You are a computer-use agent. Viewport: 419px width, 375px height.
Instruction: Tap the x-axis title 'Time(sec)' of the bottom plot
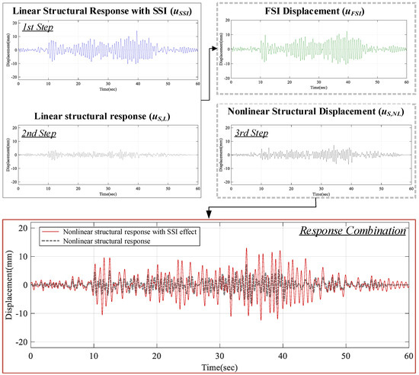click(x=219, y=367)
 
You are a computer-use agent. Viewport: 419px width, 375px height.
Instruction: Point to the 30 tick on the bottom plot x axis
click(x=219, y=355)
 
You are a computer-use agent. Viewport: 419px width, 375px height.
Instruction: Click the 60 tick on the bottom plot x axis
click(x=408, y=355)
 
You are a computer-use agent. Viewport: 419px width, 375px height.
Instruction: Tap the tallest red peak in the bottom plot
click(x=246, y=249)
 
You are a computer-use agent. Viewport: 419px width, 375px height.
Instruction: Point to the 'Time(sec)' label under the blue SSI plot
click(x=109, y=90)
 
